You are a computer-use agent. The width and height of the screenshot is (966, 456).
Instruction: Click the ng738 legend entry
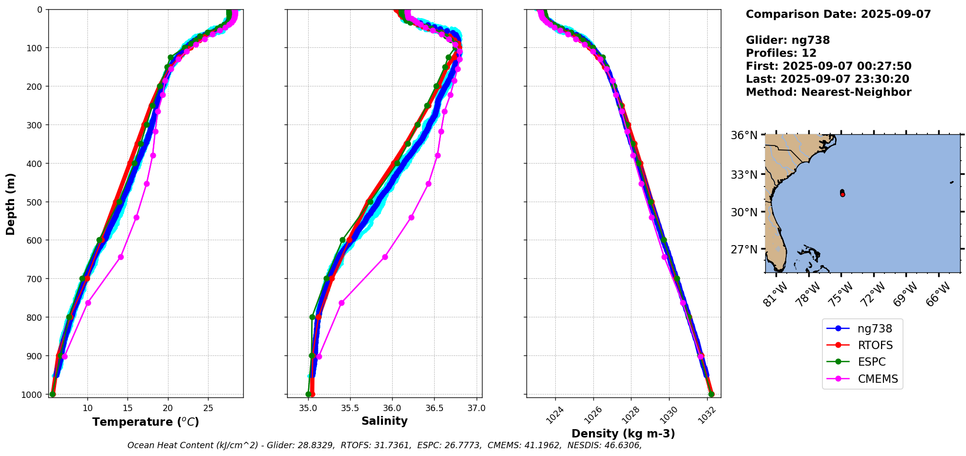click(874, 329)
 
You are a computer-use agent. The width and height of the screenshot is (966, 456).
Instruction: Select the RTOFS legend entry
click(875, 346)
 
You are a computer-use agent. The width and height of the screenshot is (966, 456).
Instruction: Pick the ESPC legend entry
click(871, 362)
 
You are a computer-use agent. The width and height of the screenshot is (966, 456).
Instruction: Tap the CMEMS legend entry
click(878, 379)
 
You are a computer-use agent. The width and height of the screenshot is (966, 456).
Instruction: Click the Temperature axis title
click(146, 422)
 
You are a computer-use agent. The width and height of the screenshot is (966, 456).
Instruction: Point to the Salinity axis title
click(384, 421)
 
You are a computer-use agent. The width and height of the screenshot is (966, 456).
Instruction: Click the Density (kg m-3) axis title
click(623, 434)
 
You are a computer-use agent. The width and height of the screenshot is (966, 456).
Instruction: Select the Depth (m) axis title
click(11, 204)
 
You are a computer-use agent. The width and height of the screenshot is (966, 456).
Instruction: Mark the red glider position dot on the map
click(842, 194)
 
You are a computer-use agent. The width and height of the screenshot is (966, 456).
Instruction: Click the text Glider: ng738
click(787, 41)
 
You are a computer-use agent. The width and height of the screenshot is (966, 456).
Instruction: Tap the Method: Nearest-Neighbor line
click(828, 92)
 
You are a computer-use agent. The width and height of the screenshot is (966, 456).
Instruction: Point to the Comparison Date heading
click(838, 14)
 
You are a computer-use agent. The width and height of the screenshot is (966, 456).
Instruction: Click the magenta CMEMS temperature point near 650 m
click(121, 257)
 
